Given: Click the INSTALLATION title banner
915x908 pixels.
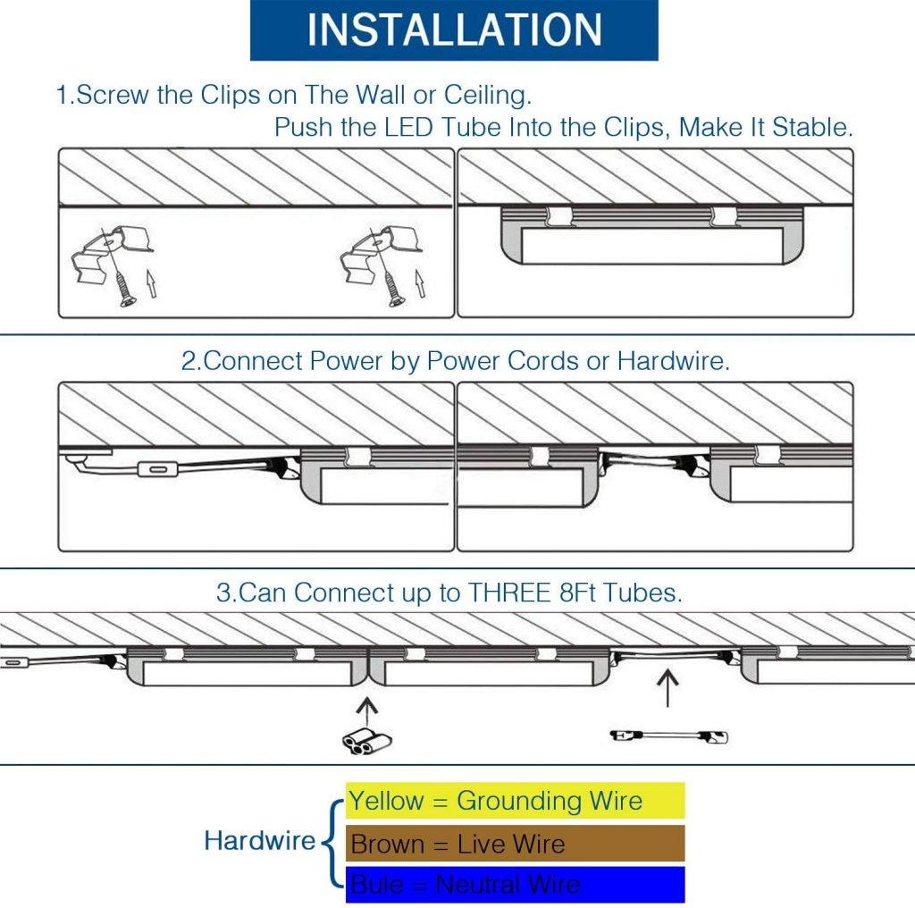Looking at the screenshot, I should click(x=454, y=30).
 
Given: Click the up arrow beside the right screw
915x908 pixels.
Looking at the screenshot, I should click(x=418, y=284).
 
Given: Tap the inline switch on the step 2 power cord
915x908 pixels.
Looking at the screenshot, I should click(x=159, y=468).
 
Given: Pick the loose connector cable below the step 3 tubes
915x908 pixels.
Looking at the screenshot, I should click(x=668, y=736).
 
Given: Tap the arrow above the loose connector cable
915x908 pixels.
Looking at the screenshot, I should click(x=667, y=688).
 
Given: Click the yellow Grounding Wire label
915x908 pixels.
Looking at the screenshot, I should click(x=515, y=801).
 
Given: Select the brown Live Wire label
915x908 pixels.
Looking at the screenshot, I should click(x=515, y=844).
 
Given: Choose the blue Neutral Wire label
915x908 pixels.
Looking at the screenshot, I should click(x=515, y=885).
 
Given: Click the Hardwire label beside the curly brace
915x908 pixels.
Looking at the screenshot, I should click(x=259, y=841).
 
